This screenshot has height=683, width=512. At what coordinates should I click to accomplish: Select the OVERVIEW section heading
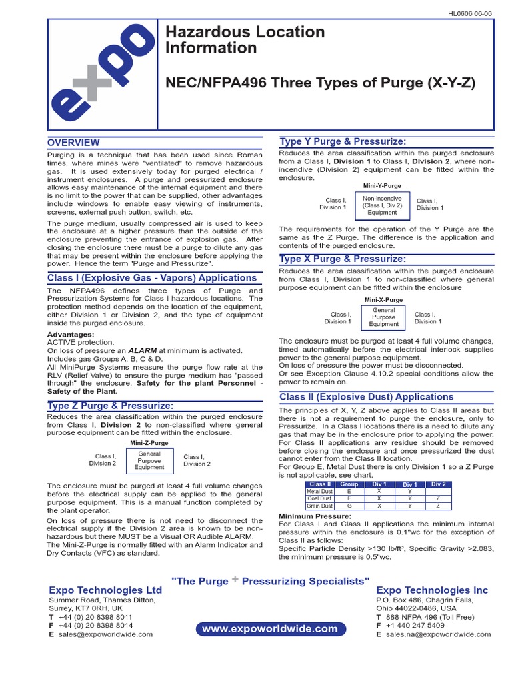pos(73,143)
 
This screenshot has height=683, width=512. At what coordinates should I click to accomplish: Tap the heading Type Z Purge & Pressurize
pos(111,406)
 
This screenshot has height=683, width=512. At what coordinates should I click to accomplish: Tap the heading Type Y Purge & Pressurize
pos(343,141)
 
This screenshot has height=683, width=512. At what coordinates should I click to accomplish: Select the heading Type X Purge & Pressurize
pos(343,259)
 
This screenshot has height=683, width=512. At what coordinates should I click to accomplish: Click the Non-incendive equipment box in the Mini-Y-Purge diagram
pos(382,205)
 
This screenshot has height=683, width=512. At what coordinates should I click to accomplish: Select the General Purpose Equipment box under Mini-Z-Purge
pos(149,460)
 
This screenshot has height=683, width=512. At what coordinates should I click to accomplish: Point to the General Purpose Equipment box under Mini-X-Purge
pos(383,317)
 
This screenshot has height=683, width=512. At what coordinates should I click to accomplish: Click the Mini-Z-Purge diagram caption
pos(149,443)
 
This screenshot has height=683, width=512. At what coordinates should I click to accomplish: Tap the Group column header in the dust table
pos(349,484)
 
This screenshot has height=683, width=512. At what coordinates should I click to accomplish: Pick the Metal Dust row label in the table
pos(319,492)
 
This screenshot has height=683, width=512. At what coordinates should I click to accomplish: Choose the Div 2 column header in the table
pos(438,484)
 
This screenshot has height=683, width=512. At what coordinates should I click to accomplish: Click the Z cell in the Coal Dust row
pos(438,499)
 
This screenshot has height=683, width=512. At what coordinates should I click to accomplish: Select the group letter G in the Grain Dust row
pos(349,506)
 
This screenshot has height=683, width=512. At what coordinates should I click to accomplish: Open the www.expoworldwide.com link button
pos(270,629)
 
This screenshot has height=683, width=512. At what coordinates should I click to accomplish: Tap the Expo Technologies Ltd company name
pos(105,590)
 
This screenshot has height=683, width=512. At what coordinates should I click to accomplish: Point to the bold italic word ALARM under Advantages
pos(143,350)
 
